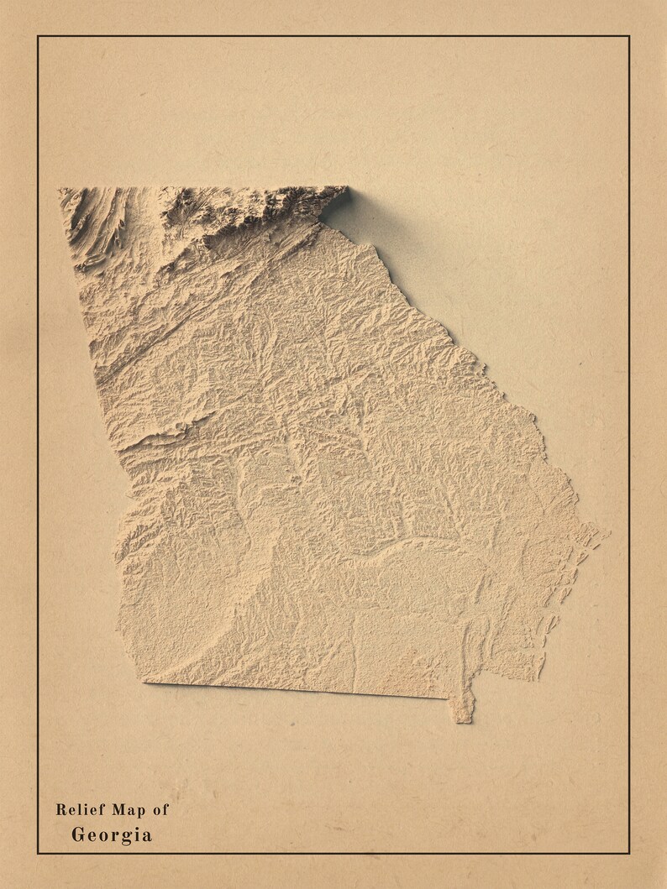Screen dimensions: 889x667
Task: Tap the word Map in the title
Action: tap(129, 810)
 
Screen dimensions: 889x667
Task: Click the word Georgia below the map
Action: tap(112, 835)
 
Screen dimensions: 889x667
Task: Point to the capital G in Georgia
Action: tap(78, 835)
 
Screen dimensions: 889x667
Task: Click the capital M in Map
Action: tap(118, 810)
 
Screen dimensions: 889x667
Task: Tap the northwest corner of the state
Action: tap(60, 190)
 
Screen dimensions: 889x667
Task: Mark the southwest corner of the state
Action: tap(144, 681)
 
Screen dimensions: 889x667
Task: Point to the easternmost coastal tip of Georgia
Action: tap(603, 532)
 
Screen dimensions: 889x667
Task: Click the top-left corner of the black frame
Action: tap(38, 36)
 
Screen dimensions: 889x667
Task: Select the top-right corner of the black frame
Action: tap(628, 36)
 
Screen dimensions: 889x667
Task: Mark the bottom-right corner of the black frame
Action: tap(628, 853)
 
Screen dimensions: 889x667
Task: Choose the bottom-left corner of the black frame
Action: tap(38, 853)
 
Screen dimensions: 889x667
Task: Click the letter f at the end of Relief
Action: tap(102, 810)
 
